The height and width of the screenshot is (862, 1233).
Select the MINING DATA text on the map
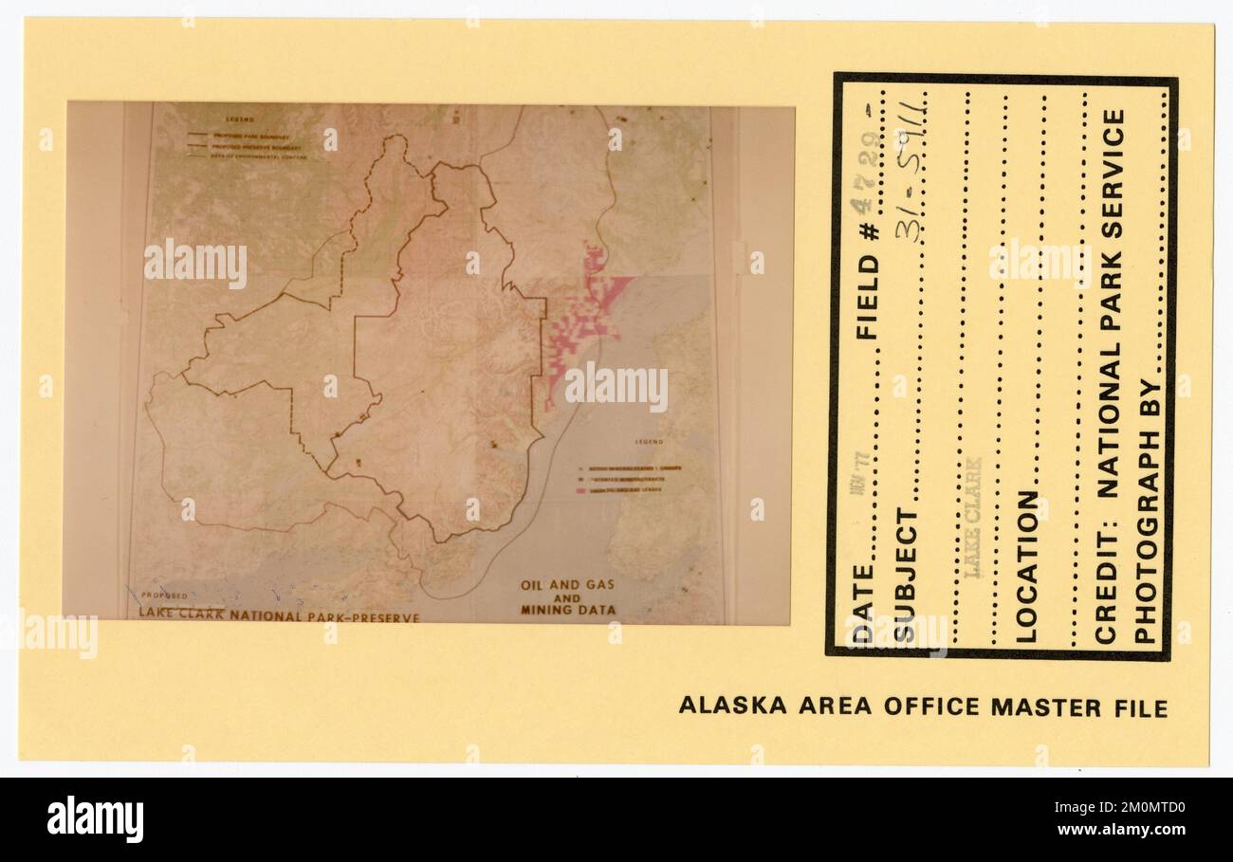tap(567, 610)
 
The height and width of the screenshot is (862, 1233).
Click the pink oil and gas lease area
tap(580, 313)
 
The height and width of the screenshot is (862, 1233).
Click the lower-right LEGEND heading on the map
tap(649, 443)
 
